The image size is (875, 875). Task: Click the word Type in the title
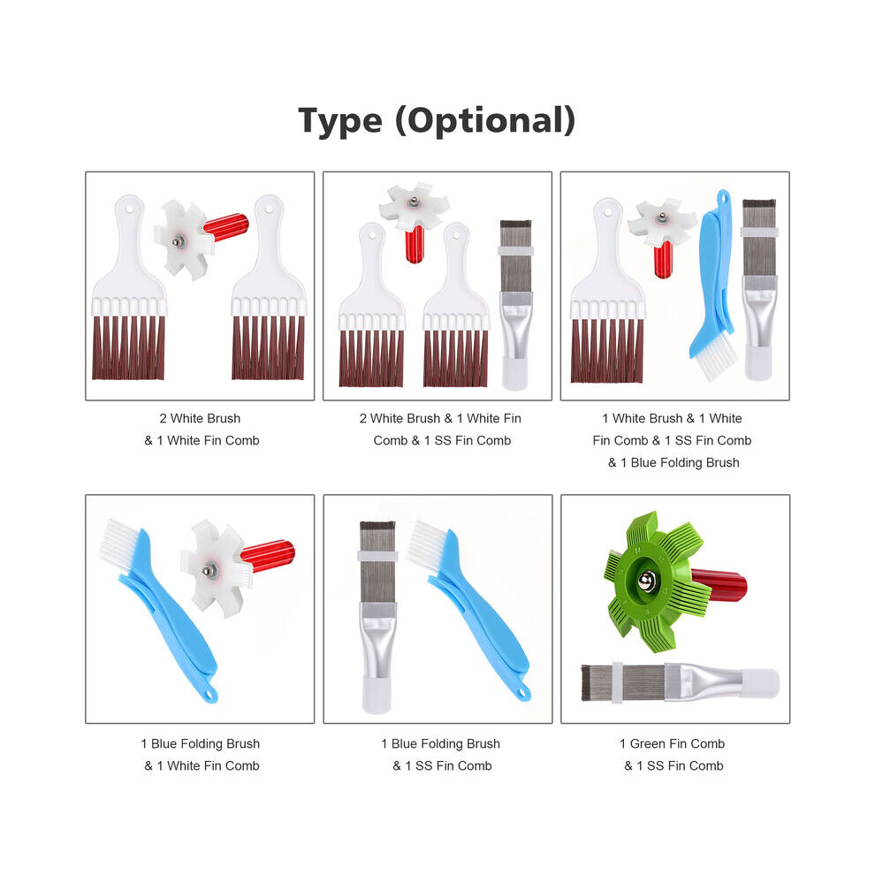pyautogui.click(x=340, y=120)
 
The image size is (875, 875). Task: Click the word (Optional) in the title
pyautogui.click(x=485, y=120)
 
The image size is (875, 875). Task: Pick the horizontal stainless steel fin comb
pyautogui.click(x=680, y=682)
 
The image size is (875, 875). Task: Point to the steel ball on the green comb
pyautogui.click(x=646, y=581)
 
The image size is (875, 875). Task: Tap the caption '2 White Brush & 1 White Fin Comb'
pyautogui.click(x=201, y=430)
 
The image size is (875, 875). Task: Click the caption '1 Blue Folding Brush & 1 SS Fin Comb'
pyautogui.click(x=441, y=755)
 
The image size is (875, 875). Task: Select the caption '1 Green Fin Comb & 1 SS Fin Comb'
pyautogui.click(x=673, y=755)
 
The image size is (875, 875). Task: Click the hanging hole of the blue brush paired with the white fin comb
pyautogui.click(x=209, y=695)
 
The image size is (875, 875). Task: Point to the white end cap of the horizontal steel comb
pyautogui.click(x=760, y=683)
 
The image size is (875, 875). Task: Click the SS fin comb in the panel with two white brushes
pyautogui.click(x=515, y=304)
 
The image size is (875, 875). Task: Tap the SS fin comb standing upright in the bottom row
pyautogui.click(x=377, y=617)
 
